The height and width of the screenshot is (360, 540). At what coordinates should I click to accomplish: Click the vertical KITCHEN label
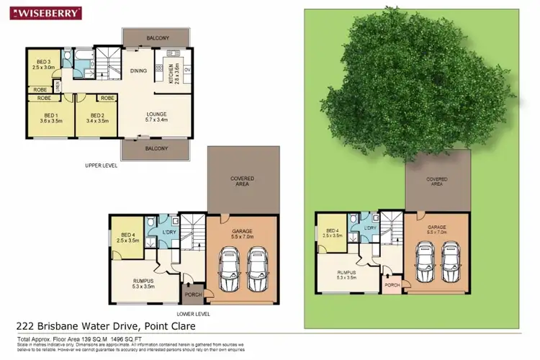click(171, 73)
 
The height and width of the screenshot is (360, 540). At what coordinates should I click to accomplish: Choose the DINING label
click(138, 71)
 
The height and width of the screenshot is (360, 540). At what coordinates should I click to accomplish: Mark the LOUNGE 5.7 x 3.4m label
click(156, 117)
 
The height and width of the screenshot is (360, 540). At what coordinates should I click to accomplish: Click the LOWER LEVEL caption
click(193, 314)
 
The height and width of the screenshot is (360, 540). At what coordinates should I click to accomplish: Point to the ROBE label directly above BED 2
click(107, 98)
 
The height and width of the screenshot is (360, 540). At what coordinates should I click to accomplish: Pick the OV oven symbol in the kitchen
click(187, 70)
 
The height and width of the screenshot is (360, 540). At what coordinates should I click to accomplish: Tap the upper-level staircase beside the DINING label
click(111, 60)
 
